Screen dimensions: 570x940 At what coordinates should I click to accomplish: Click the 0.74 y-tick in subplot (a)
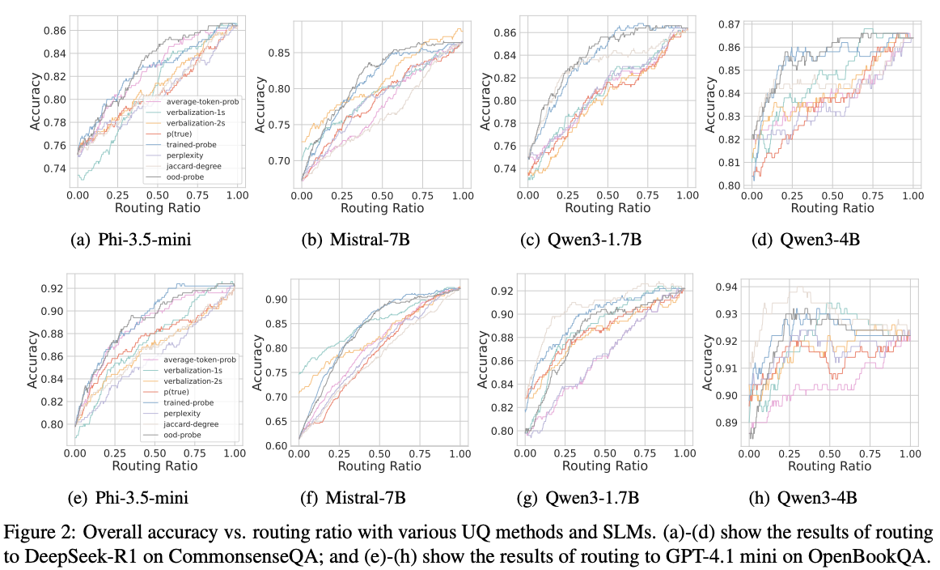coord(55,168)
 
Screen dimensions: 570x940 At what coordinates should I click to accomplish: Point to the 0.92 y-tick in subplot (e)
coord(53,287)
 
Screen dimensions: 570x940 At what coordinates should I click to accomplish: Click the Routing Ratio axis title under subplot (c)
coord(606,208)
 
